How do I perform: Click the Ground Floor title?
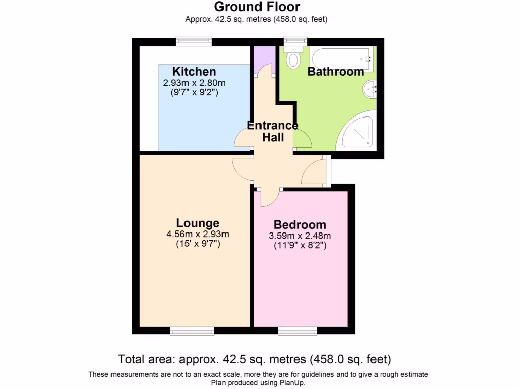click(256, 7)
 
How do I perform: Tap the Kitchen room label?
click(194, 71)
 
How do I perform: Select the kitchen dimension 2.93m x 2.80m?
click(194, 83)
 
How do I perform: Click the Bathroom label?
click(336, 72)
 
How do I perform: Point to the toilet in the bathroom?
click(293, 59)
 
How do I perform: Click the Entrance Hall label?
click(273, 131)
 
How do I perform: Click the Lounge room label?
click(198, 223)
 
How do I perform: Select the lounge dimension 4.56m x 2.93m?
click(198, 234)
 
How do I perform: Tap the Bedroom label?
click(300, 224)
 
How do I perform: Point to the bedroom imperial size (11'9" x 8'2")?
click(300, 246)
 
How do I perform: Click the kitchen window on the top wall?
click(194, 42)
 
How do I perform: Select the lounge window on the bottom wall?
click(192, 331)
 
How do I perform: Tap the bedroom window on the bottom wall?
click(298, 331)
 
